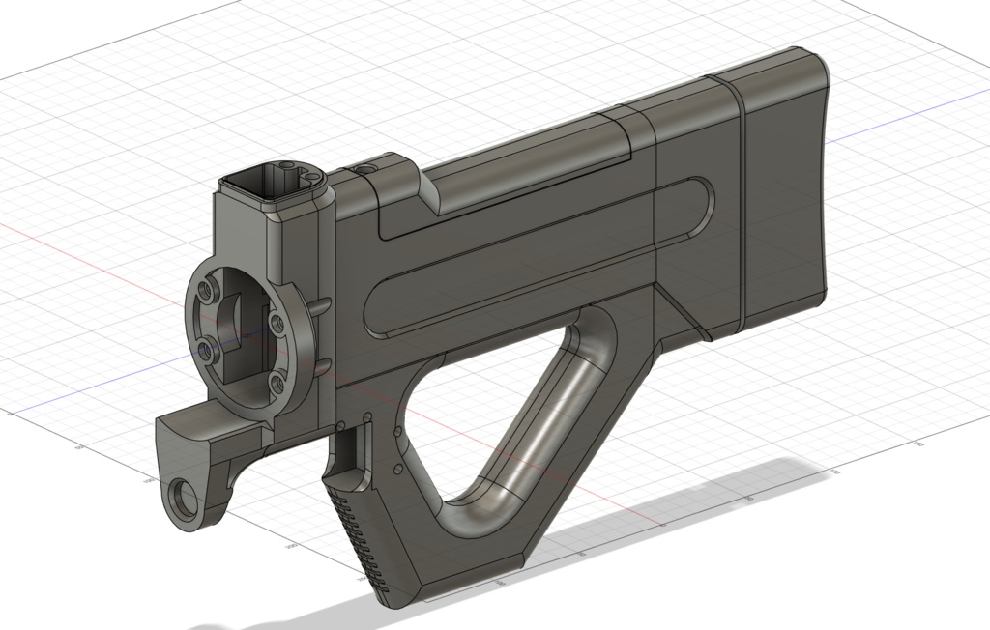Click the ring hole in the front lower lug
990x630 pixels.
pos(182,500)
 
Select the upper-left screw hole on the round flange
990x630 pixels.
pos(206,290)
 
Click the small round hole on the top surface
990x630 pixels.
pos(364,167)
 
